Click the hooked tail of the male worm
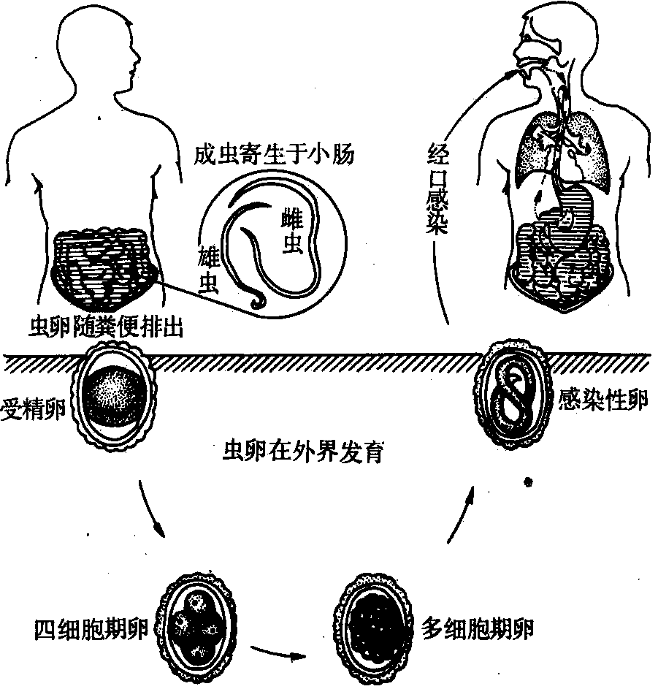click(256, 301)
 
